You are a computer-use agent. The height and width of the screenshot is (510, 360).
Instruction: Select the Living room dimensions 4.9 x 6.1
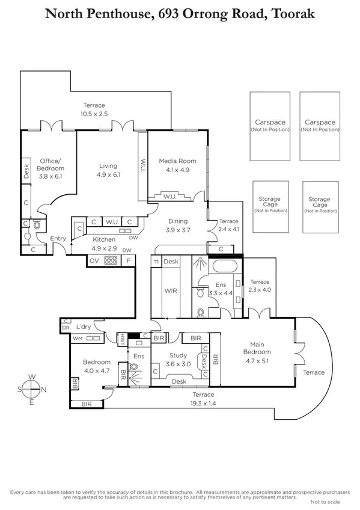point(108,174)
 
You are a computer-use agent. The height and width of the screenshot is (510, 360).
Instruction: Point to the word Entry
point(58,239)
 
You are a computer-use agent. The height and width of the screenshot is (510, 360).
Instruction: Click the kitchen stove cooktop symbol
point(111,261)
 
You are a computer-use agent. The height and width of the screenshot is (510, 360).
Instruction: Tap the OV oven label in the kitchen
point(94,261)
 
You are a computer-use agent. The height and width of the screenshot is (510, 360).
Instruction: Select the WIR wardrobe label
point(171,290)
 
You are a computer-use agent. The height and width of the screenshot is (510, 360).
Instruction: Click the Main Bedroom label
point(257,348)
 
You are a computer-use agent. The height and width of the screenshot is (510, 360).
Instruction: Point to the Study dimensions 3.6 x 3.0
point(178,364)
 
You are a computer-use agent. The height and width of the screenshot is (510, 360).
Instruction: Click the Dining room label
point(177,221)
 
